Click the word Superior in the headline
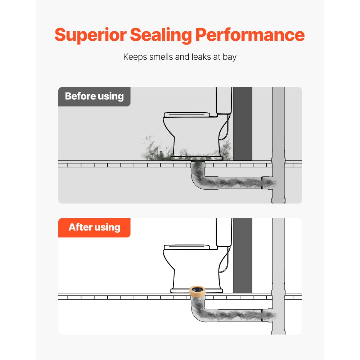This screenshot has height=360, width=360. pyautogui.click(x=91, y=35)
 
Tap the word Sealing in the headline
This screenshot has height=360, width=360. pyautogui.click(x=161, y=35)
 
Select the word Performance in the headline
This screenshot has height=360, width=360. pyautogui.click(x=250, y=35)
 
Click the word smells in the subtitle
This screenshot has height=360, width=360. pyautogui.click(x=161, y=57)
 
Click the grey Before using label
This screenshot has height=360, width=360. pyautogui.click(x=94, y=96)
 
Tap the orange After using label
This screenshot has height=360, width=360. pyautogui.click(x=94, y=228)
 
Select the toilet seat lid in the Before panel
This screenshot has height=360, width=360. pyautogui.click(x=187, y=114)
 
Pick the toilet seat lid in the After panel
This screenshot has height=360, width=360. pyautogui.click(x=187, y=247)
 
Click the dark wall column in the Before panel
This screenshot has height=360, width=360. pyautogui.click(x=242, y=124)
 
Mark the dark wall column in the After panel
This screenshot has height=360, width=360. pyautogui.click(x=242, y=256)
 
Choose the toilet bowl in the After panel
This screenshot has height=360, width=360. pyautogui.click(x=195, y=269)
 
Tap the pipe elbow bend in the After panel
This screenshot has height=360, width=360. pyautogui.click(x=197, y=314)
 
